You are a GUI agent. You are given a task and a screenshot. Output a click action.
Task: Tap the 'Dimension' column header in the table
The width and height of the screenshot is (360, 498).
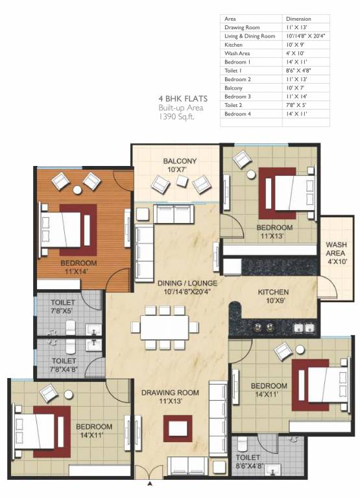point(300,19)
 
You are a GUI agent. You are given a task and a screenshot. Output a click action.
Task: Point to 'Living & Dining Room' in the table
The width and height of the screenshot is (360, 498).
point(250,36)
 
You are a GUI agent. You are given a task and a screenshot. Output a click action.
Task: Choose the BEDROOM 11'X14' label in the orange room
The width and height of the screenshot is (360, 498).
point(78,267)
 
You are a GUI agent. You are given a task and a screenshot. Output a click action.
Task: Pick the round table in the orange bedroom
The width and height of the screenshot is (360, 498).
point(77,190)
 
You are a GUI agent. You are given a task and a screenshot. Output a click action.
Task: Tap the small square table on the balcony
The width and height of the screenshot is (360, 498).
point(182,181)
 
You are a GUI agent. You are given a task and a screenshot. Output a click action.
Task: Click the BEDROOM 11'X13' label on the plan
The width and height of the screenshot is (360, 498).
point(274,232)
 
